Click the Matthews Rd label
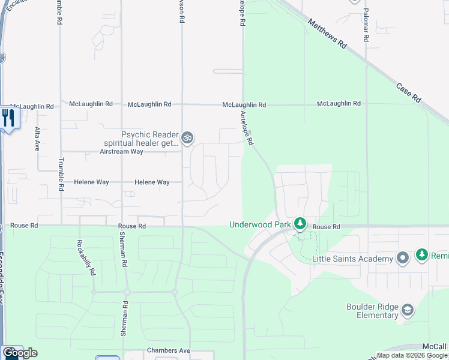(x=327, y=34)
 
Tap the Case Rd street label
(x=408, y=92)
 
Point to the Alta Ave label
(x=37, y=139)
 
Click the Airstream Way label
(x=121, y=152)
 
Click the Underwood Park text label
(x=259, y=225)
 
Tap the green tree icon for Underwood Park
(x=300, y=224)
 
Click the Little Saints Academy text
(x=352, y=259)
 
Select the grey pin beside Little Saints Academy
(x=403, y=258)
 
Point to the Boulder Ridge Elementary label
(x=372, y=311)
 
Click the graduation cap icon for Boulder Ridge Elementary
(x=408, y=310)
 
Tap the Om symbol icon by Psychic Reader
(x=187, y=139)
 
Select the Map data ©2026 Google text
(x=412, y=355)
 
